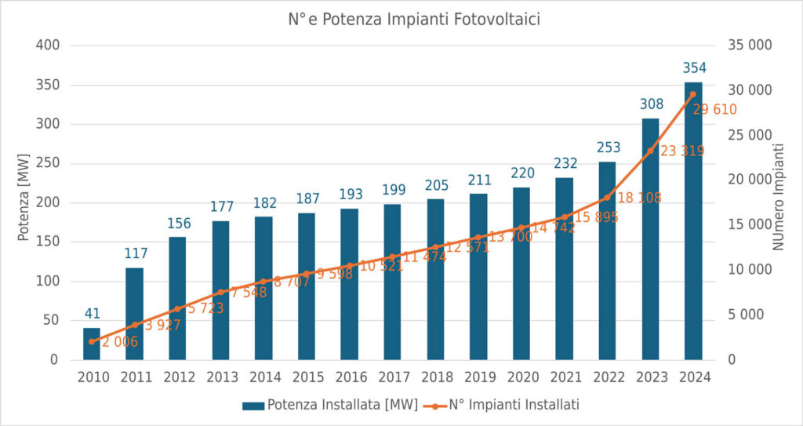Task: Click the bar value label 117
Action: tap(135, 253)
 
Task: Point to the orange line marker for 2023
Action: tap(650, 150)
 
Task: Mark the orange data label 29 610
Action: tap(714, 110)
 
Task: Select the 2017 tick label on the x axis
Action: tap(393, 377)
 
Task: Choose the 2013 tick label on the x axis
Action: tap(221, 377)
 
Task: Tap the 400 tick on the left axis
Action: tap(49, 46)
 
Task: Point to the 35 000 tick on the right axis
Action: tap(750, 46)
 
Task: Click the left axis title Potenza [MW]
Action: tap(24, 202)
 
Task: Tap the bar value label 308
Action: tap(651, 104)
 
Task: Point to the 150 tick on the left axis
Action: tap(49, 242)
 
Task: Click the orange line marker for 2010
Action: tap(92, 341)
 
